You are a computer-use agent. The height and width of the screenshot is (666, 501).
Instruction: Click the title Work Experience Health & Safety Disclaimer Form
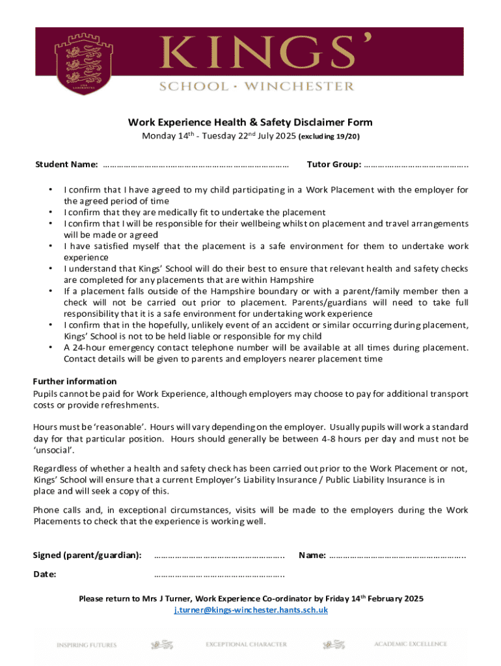[250, 122]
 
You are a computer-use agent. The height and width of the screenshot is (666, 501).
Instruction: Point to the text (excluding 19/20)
[329, 137]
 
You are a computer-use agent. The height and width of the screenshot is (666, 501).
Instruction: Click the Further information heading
[75, 381]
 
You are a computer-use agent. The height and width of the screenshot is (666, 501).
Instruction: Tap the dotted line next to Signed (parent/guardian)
[219, 555]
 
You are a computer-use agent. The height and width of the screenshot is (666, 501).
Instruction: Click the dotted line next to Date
[219, 575]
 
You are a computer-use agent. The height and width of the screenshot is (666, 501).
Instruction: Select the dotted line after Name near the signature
[398, 555]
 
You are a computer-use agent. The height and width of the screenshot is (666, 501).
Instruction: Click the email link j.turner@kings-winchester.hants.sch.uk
[251, 610]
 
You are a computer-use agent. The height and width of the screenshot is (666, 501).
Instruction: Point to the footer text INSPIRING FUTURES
[87, 645]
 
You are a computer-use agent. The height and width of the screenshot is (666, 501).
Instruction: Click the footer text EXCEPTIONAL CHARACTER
[246, 645]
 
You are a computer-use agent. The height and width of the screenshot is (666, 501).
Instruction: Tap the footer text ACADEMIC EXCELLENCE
[411, 644]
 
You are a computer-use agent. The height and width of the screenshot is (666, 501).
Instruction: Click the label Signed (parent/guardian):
[87, 555]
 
